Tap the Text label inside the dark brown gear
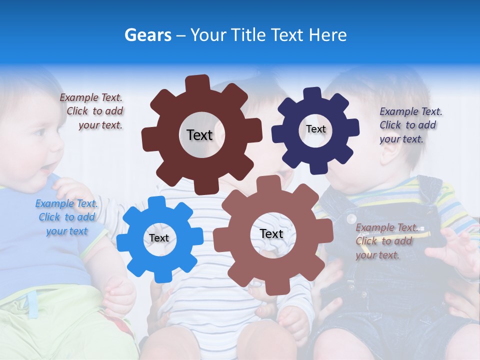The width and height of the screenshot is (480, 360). (199, 135)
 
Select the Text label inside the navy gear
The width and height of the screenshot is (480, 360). (315, 129)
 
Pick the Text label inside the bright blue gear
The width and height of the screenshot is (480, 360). (159, 238)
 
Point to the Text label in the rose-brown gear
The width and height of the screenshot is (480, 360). (271, 233)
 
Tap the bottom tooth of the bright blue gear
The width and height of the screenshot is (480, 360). (160, 275)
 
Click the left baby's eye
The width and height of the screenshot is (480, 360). (39, 133)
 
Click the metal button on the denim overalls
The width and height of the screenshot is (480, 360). (351, 219)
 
